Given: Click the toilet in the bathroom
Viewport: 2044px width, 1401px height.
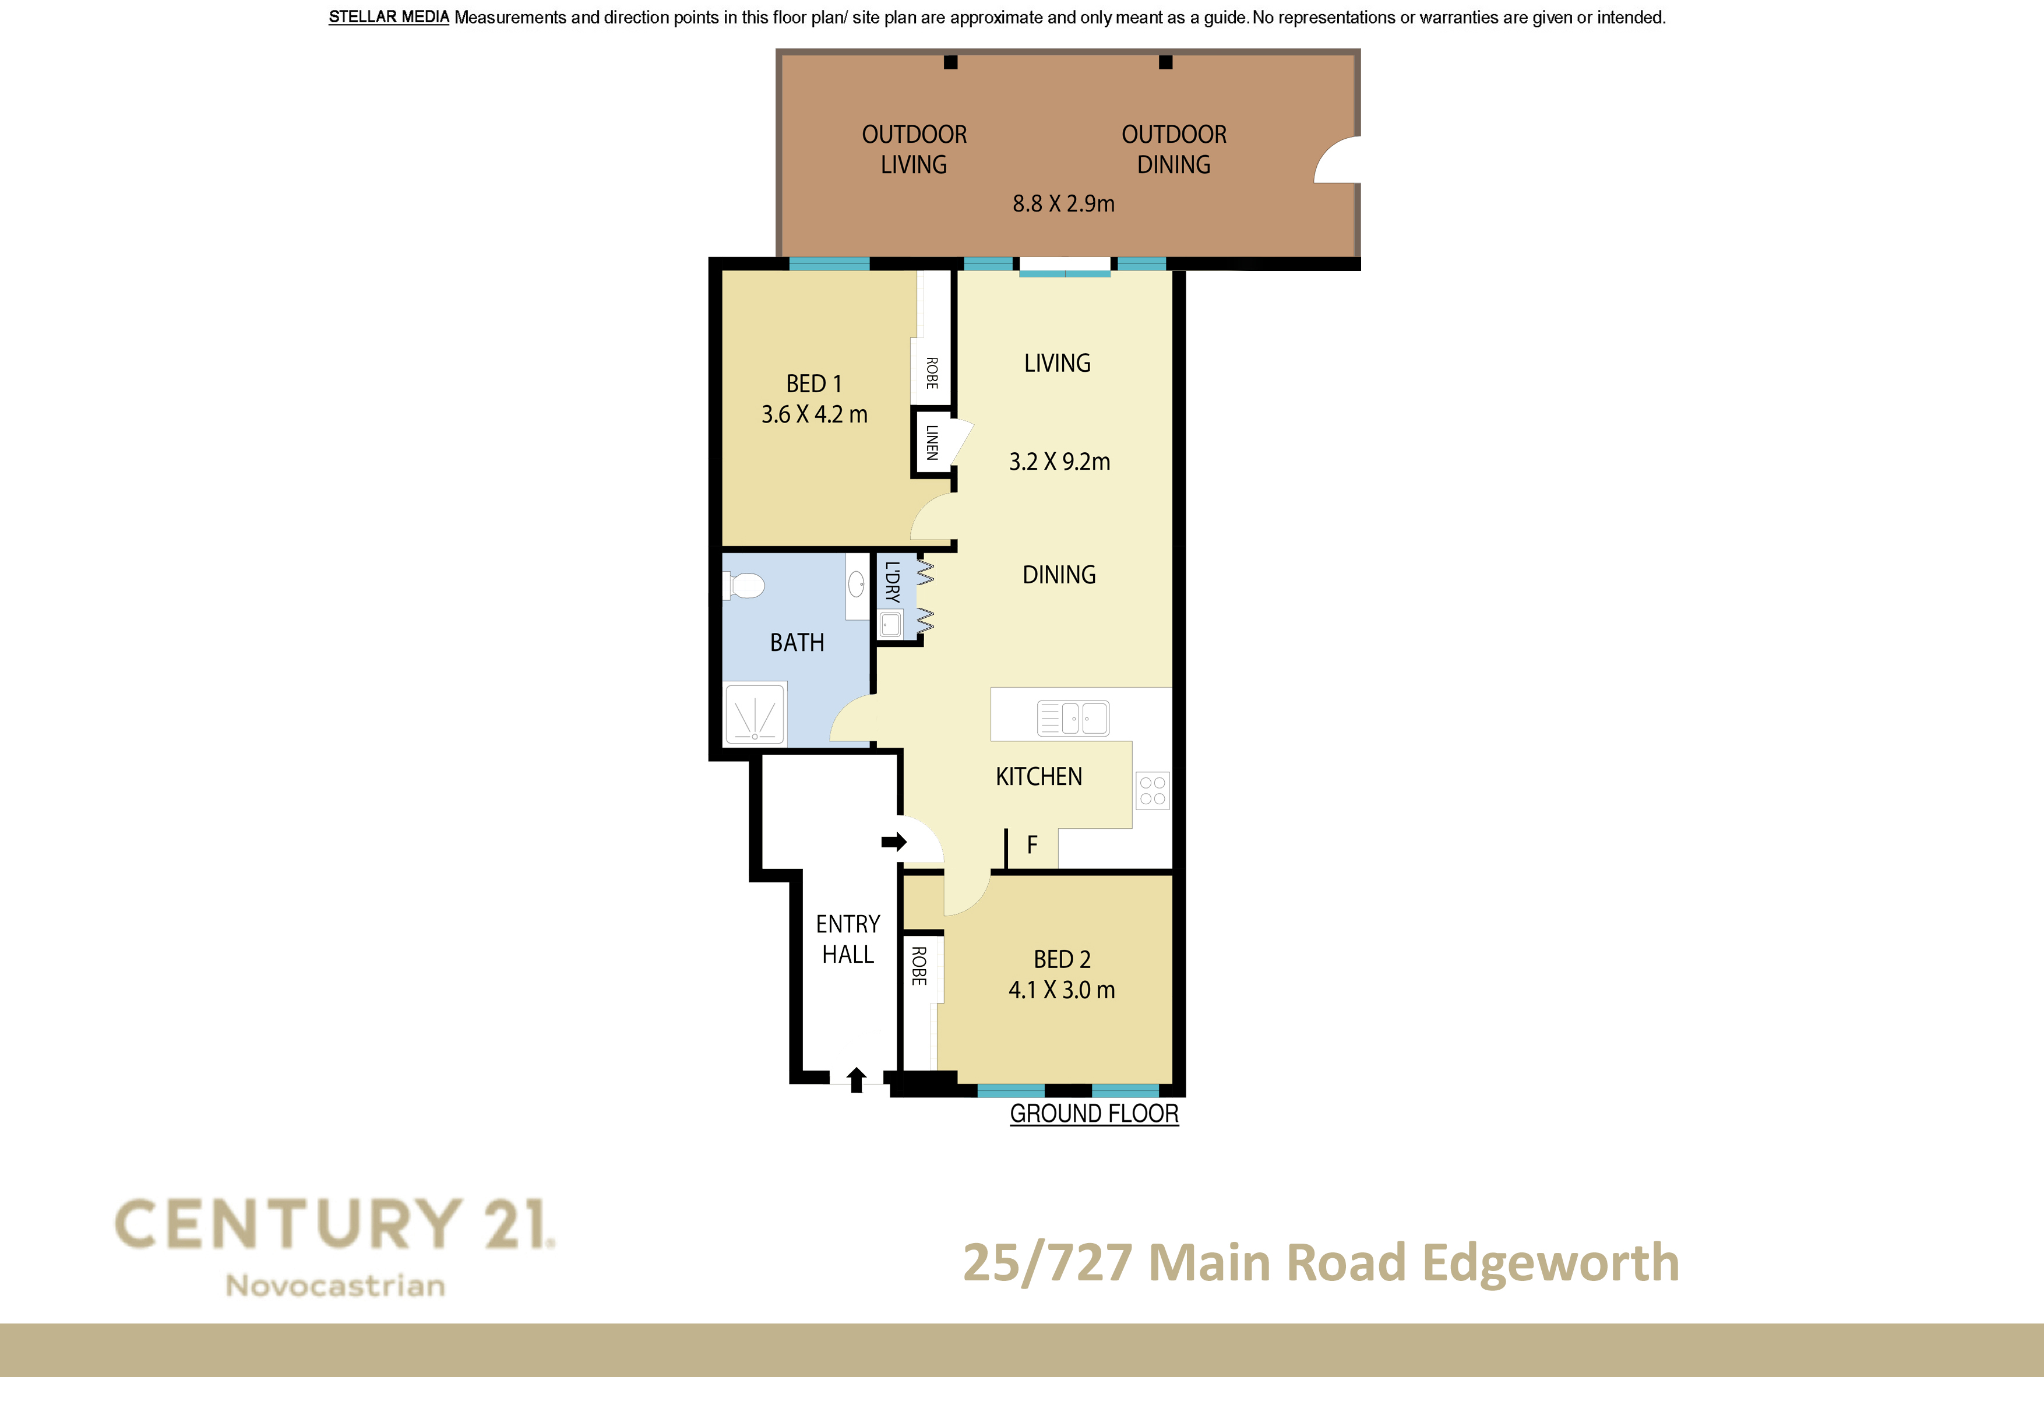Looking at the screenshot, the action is tap(743, 585).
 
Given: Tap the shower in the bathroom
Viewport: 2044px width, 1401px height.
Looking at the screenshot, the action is tap(755, 713).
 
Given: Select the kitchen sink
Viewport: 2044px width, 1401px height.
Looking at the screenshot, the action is tap(1073, 717).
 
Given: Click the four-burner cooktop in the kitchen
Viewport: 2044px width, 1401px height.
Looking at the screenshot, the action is tap(1152, 790).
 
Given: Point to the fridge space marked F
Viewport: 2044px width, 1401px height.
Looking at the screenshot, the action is tap(1032, 845).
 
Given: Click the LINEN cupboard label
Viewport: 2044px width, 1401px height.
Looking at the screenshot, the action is tap(932, 442).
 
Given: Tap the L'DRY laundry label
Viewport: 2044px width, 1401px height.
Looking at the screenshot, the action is tap(893, 582).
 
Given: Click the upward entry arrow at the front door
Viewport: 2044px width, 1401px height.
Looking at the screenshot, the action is tap(857, 1079).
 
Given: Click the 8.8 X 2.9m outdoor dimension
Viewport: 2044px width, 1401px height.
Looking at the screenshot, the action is tap(1063, 204).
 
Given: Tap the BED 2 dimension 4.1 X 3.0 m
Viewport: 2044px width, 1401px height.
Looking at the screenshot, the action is tap(1062, 990).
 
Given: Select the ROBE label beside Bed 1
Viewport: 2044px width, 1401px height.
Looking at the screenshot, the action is tap(932, 373).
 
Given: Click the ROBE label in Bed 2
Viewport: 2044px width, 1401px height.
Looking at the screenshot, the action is tap(919, 966).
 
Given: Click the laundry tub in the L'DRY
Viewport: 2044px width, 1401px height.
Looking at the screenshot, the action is tap(891, 624).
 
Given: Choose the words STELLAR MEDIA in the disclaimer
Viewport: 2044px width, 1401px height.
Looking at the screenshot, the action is tap(389, 17).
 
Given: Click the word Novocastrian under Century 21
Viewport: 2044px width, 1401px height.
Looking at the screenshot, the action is tap(335, 1286).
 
